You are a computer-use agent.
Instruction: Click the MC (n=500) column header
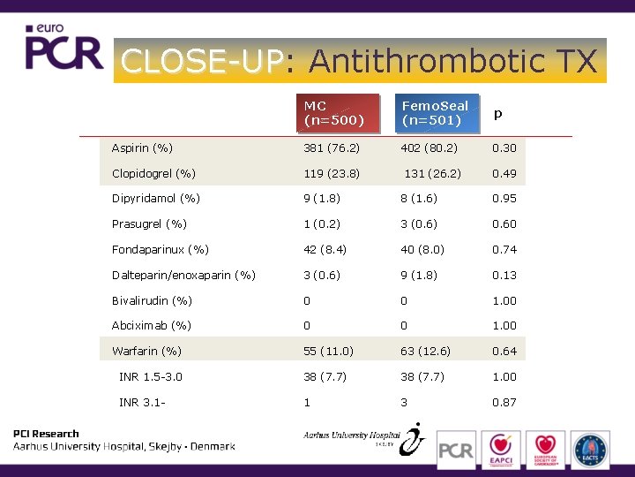(x=333, y=113)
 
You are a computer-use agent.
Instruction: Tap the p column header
(x=498, y=114)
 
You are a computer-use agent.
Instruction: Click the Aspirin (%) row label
(x=142, y=148)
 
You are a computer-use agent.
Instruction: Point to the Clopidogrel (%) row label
(x=153, y=173)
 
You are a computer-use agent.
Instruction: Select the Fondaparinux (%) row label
(x=160, y=250)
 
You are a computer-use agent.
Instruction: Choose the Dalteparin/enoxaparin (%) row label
(x=183, y=276)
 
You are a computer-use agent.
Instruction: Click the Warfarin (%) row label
(x=146, y=352)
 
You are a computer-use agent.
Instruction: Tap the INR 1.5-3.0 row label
(x=151, y=377)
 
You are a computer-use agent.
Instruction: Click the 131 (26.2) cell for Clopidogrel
(x=432, y=173)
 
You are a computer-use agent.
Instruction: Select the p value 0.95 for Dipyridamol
(x=504, y=199)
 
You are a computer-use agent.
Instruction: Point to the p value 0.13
(x=504, y=276)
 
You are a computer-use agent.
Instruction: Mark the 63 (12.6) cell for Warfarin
(x=425, y=352)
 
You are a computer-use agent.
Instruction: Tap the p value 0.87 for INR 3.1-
(x=504, y=403)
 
